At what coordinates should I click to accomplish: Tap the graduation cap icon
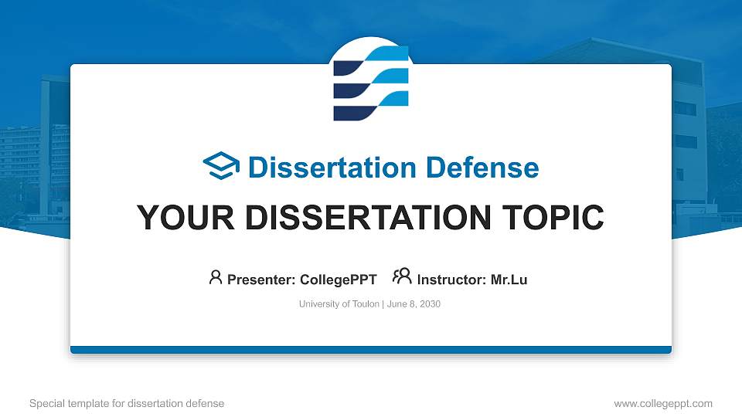coord(221,167)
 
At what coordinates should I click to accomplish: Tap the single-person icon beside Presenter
coord(216,278)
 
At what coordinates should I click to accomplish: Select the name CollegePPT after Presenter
coord(338,280)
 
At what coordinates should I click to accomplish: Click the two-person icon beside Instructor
coord(402,277)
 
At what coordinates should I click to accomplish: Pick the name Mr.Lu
coord(509,280)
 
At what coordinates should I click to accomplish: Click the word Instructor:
coord(451,280)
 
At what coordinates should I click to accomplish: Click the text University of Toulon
coord(339,304)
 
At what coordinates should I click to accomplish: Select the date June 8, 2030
coord(413,304)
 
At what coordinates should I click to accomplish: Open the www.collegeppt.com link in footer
coord(662,403)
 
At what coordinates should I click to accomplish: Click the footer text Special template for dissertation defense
coord(127,403)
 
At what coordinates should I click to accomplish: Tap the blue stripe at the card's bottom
coord(371,350)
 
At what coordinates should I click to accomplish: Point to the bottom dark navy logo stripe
coord(352,113)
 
